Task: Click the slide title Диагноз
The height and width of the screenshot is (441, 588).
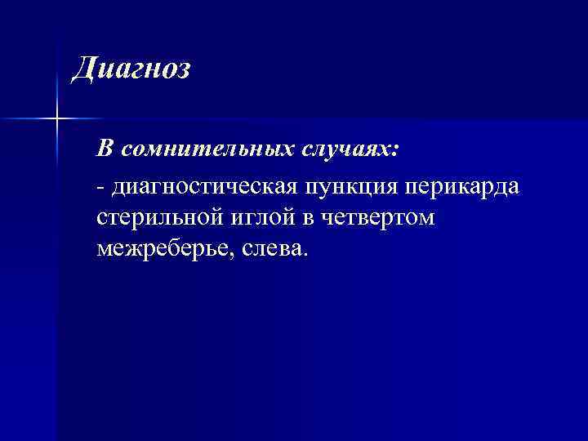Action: [x=131, y=69]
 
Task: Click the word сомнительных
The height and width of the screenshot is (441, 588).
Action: [x=194, y=149]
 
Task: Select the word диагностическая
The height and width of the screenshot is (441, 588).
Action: [x=204, y=189]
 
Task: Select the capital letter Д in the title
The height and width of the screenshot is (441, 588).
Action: [x=83, y=69]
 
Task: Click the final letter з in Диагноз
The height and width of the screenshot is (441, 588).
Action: [x=183, y=71]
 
